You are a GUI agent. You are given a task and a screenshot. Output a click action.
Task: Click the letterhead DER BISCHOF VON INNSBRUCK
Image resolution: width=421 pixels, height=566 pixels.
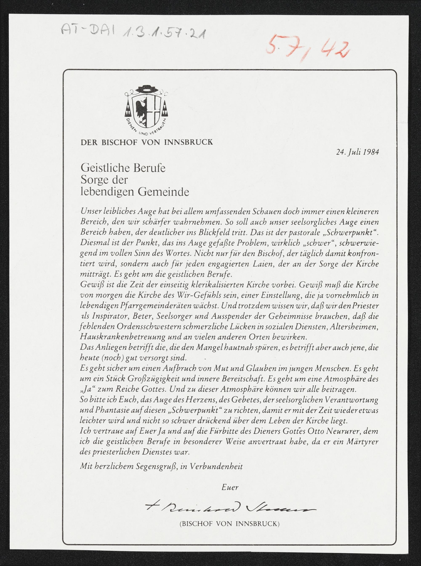click(x=147, y=142)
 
